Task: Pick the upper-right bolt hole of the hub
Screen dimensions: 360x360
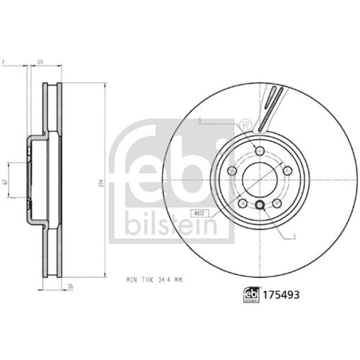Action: (287, 170)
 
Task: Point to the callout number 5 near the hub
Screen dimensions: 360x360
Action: (199, 122)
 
